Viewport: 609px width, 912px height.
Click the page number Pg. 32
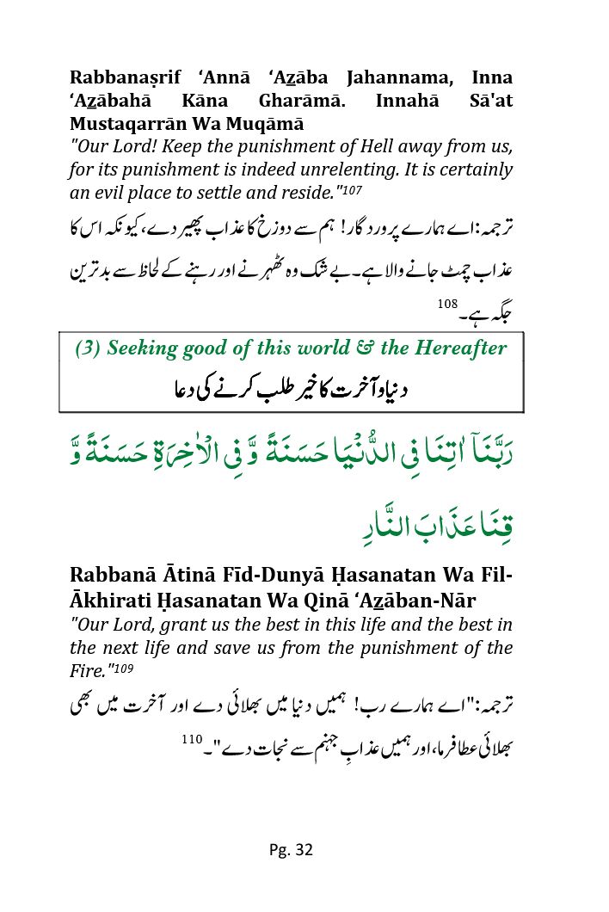pos(290,850)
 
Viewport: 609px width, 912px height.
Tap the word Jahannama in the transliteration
pos(393,77)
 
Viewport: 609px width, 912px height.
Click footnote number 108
pos(448,304)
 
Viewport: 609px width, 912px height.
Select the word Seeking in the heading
pos(142,348)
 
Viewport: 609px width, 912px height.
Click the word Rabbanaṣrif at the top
pos(126,77)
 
